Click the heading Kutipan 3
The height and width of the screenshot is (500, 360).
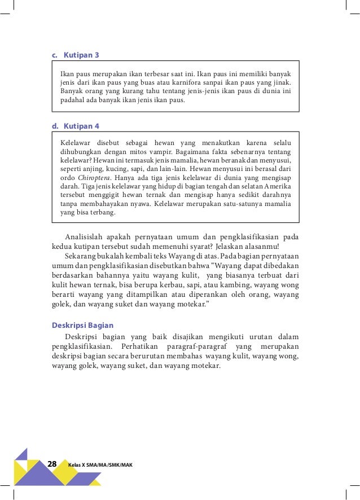(81, 55)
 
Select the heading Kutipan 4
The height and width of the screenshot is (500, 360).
(81, 125)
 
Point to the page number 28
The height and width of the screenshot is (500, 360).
(52, 464)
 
